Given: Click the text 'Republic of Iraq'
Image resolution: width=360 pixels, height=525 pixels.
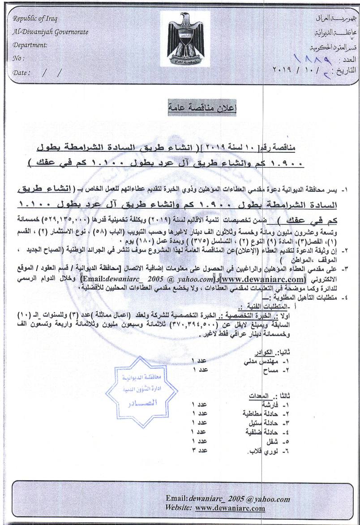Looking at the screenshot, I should pyautogui.click(x=35, y=19).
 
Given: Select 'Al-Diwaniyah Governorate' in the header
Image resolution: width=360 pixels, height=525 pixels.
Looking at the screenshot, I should pyautogui.click(x=51, y=32).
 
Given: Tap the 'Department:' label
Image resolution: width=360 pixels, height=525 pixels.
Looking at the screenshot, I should pyautogui.click(x=30, y=45).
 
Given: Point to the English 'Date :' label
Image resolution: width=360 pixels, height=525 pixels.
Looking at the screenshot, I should pyautogui.click(x=22, y=73).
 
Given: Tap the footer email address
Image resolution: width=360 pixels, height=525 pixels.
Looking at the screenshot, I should pyautogui.click(x=227, y=499).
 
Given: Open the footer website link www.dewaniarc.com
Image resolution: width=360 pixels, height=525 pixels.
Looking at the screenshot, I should pyautogui.click(x=230, y=508).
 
